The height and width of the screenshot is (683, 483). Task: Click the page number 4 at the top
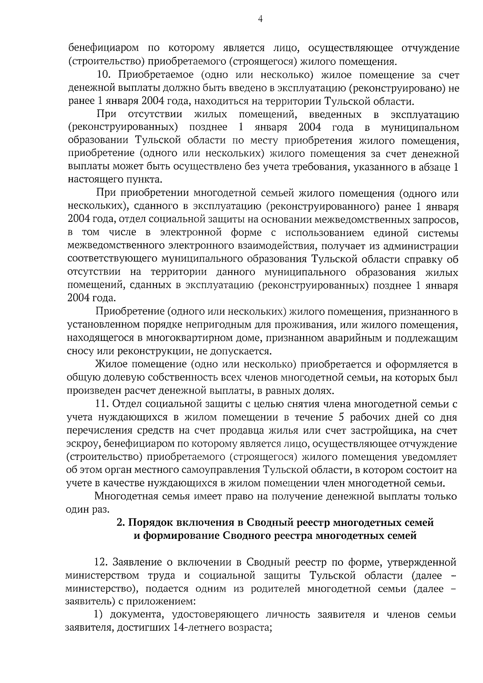click(260, 19)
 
